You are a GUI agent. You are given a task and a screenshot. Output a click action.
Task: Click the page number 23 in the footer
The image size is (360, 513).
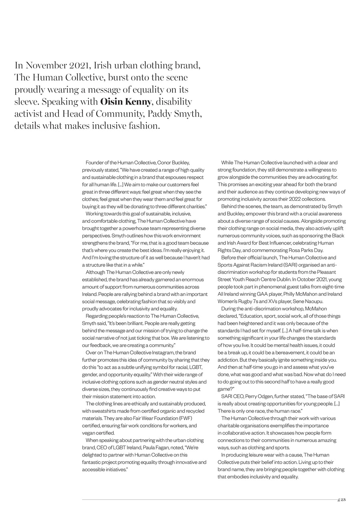click(343, 499)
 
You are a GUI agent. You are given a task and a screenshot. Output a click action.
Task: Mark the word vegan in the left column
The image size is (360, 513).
click(89, 433)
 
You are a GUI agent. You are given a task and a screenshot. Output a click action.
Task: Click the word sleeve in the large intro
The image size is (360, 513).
click(27, 101)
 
